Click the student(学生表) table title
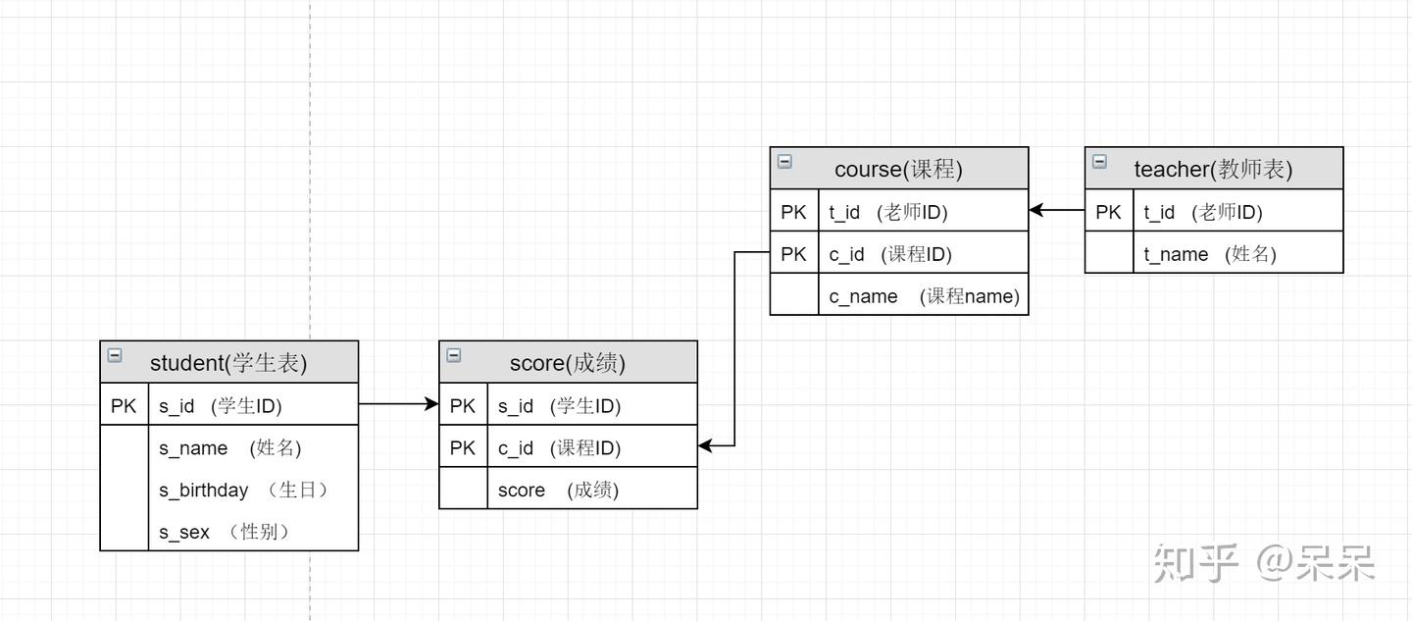pyautogui.click(x=228, y=363)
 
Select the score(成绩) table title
pyautogui.click(x=567, y=363)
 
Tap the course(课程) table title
pyautogui.click(x=898, y=169)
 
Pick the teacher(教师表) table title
pyautogui.click(x=1213, y=169)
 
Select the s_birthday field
pyautogui.click(x=243, y=490)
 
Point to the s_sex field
pyautogui.click(x=225, y=532)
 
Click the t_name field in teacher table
pyautogui.click(x=1210, y=254)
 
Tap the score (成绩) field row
pyautogui.click(x=558, y=490)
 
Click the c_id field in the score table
pyautogui.click(x=559, y=448)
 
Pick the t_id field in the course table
pyautogui.click(x=888, y=212)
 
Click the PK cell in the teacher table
pyautogui.click(x=1108, y=212)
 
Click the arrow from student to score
pyautogui.click(x=398, y=404)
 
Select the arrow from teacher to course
pyautogui.click(x=1056, y=211)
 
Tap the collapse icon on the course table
pyautogui.click(x=784, y=162)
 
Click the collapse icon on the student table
pyautogui.click(x=115, y=355)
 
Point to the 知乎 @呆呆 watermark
pyautogui.click(x=1264, y=563)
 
